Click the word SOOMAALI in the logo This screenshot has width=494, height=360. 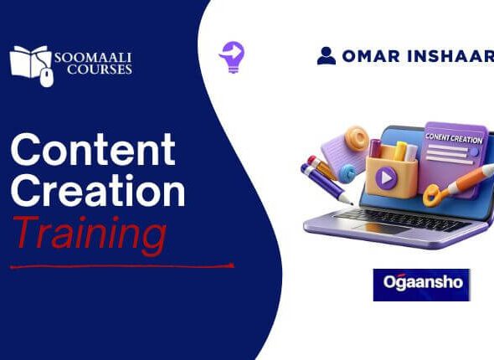(93, 58)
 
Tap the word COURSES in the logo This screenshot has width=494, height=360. (100, 69)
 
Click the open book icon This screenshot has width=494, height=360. (30, 62)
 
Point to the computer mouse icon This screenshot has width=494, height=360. (47, 78)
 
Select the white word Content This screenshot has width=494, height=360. (93, 149)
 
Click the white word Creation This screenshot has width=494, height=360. (98, 189)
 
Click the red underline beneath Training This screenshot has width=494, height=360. (122, 267)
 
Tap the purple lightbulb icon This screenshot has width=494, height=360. (233, 57)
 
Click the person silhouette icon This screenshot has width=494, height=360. (327, 56)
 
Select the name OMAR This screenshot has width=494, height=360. (371, 56)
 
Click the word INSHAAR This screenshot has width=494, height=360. (450, 56)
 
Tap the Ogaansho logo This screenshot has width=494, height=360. (421, 285)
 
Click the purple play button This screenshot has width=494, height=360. (386, 178)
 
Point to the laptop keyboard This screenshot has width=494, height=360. (400, 219)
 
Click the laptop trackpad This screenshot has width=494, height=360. (382, 228)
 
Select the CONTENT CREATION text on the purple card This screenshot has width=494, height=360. (454, 138)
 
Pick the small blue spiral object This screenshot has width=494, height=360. (347, 173)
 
